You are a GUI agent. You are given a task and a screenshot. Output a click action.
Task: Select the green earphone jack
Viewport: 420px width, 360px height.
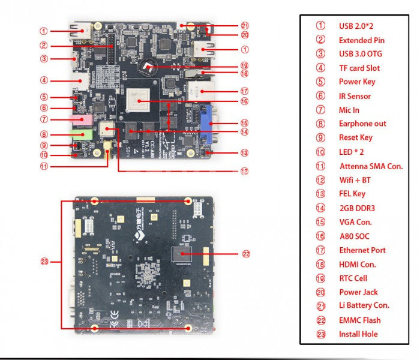coord(83,135)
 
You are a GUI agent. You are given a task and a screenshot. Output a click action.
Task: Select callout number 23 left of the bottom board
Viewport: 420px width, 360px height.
coord(44,261)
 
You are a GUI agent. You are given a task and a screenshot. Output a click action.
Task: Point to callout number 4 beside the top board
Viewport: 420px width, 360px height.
coord(44,80)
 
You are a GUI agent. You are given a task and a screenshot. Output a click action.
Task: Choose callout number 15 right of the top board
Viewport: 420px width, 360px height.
coord(244,122)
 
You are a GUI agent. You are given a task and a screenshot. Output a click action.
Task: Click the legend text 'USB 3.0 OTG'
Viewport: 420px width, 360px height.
coord(360,54)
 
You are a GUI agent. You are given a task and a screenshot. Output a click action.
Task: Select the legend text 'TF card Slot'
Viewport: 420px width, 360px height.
coord(359,68)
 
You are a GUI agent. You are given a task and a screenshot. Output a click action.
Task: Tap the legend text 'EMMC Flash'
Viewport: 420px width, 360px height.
coord(359,320)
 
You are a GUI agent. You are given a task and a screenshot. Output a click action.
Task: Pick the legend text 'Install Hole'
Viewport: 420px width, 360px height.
coord(358,334)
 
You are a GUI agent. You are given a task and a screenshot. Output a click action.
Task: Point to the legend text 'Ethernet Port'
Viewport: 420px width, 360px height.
coord(362,250)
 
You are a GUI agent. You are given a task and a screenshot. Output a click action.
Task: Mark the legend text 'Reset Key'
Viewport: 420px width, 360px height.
coord(355,138)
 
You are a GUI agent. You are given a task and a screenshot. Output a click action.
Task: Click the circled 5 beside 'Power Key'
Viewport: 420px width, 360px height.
coord(321,82)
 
